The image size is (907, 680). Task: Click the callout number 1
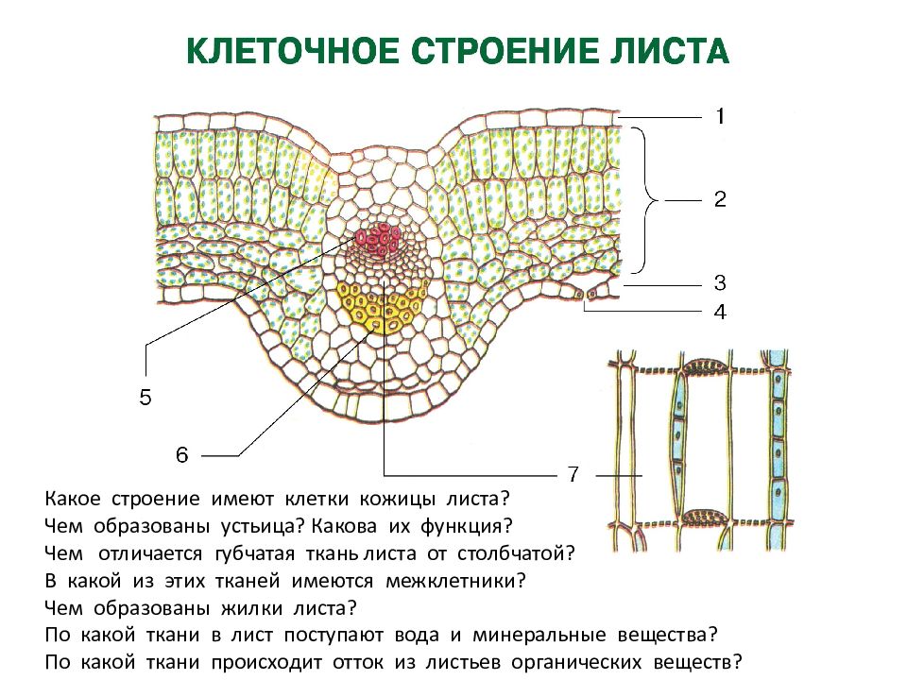coord(720,117)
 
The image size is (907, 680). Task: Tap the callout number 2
coord(720,199)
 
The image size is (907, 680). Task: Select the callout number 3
coord(720,282)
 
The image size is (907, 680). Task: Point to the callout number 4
coord(720,313)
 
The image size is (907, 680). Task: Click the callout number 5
coord(145,398)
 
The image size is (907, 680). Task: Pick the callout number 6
coord(182,455)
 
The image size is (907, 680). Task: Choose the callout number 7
coord(573,474)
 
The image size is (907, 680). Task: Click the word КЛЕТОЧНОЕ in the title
coord(293,51)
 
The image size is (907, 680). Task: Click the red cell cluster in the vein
coord(378,239)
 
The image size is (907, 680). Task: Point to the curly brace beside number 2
coord(645,200)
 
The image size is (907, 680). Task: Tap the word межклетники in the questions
coord(455,581)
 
